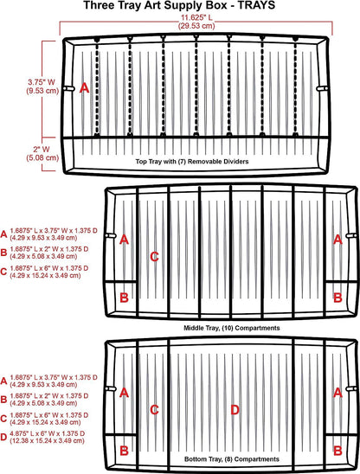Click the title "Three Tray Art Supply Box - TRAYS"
[179, 5]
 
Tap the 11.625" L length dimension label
[196, 22]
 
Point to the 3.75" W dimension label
[42, 86]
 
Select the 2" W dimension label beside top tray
[42, 153]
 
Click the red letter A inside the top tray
[85, 88]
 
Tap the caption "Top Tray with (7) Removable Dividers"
[192, 162]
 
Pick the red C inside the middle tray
[154, 257]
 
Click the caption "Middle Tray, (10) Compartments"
[232, 328]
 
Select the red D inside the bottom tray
[235, 410]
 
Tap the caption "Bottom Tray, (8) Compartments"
[232, 459]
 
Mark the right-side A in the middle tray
[337, 240]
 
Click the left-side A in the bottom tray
[124, 393]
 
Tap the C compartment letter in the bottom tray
[154, 410]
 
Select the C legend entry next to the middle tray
[44, 272]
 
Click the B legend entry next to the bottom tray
[44, 400]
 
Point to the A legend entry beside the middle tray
[49, 234]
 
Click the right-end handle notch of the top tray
[323, 88]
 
